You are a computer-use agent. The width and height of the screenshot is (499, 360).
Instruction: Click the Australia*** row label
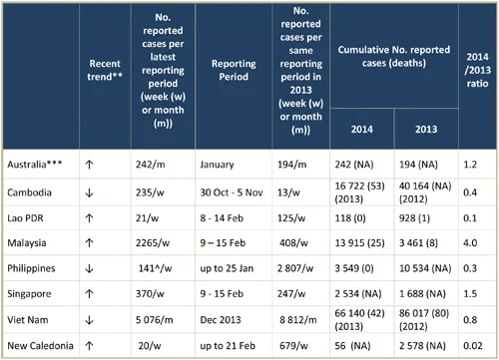(x=35, y=165)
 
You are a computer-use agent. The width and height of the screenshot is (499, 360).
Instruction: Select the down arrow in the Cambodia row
(x=89, y=192)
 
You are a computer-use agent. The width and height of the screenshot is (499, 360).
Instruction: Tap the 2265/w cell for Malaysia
(x=153, y=243)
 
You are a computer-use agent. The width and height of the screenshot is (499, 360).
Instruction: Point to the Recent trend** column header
(x=105, y=70)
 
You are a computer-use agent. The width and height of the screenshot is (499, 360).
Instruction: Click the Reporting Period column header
(x=234, y=70)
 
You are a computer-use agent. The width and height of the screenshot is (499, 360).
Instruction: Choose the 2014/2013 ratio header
(x=477, y=70)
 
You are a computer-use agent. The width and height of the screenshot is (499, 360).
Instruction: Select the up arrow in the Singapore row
(x=89, y=294)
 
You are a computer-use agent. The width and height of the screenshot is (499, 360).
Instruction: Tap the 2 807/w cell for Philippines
(x=295, y=268)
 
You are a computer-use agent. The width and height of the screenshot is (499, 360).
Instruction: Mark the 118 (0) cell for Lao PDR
(x=350, y=218)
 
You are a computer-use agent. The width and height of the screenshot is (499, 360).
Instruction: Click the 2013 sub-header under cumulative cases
(x=426, y=129)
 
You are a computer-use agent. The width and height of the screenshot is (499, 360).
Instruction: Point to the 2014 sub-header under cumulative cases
(x=362, y=129)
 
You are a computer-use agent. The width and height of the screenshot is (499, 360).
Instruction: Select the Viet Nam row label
(x=28, y=320)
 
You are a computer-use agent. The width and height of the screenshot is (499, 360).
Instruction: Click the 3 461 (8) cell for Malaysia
(x=418, y=243)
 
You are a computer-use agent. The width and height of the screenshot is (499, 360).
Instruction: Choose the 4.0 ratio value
(x=470, y=243)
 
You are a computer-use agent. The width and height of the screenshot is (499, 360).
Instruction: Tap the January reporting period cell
(x=217, y=165)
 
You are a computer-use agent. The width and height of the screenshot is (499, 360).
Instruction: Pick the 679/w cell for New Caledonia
(x=293, y=346)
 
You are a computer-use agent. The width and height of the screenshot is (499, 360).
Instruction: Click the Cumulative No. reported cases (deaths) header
(x=394, y=56)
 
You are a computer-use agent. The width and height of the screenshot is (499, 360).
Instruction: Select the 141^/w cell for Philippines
(x=155, y=268)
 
